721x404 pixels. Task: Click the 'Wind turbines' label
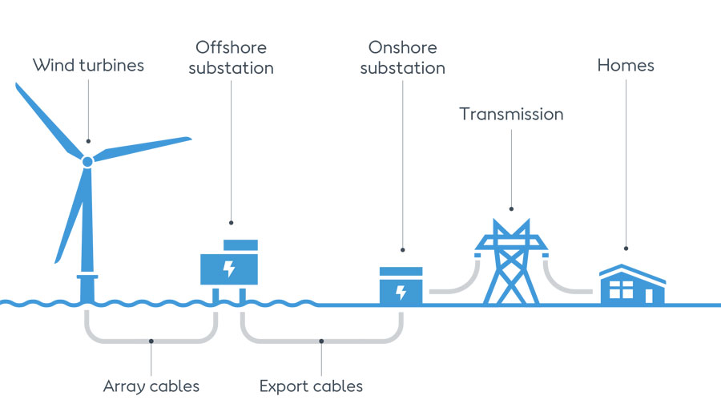coord(88,65)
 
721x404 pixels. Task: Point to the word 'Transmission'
coord(511,114)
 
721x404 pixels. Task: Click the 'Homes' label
coord(626,65)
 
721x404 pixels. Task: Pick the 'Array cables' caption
coord(151,386)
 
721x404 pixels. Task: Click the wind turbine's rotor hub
coord(87,161)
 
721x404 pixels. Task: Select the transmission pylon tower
coord(510,261)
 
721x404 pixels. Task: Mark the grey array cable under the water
coord(151,339)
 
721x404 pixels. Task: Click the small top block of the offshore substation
coord(240,244)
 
